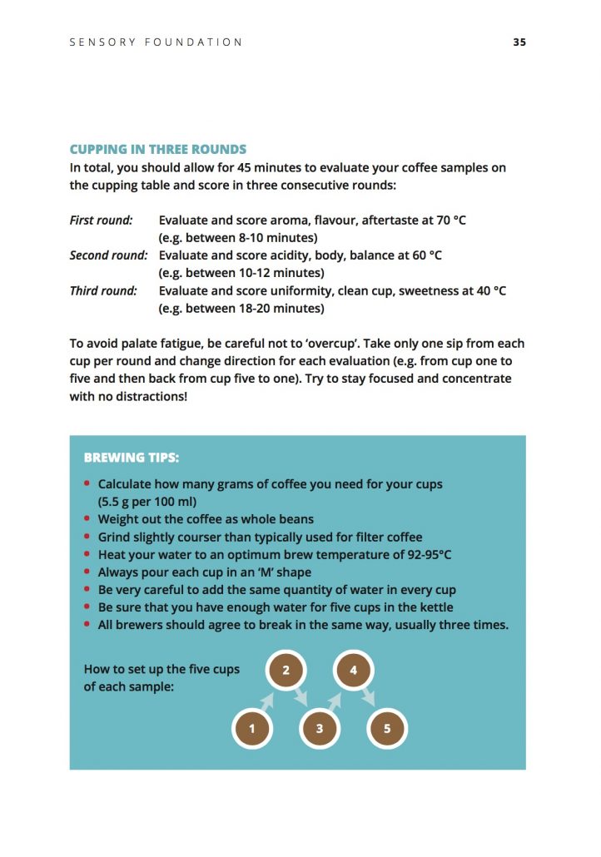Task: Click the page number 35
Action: tap(519, 42)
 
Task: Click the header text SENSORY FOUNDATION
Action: tap(156, 42)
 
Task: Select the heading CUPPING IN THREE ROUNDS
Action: tap(158, 150)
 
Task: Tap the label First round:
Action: tap(101, 220)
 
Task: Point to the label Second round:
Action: tap(108, 255)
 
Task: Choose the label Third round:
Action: tap(102, 291)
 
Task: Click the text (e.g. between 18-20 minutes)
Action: tap(241, 309)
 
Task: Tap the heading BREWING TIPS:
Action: tap(132, 458)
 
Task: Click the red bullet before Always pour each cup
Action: tap(87, 572)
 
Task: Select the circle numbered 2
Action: tap(286, 669)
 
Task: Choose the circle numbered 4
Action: tap(353, 669)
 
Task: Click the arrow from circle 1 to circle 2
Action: tap(268, 700)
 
